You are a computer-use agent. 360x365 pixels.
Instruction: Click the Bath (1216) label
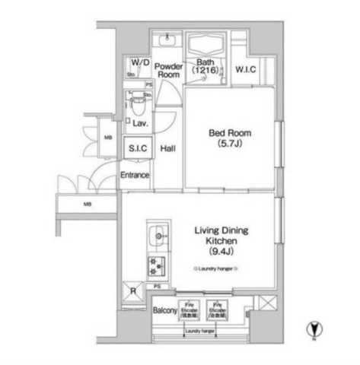[206, 67]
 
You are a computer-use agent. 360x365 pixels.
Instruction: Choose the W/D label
[139, 62]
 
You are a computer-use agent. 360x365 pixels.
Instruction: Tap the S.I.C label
[138, 148]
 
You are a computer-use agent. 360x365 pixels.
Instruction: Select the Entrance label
[135, 175]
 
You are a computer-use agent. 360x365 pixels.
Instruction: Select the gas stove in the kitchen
[158, 266]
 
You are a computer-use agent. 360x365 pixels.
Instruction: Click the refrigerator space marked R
[133, 291]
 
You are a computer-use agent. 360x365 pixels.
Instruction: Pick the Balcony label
[164, 311]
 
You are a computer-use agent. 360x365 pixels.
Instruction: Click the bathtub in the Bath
[205, 46]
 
